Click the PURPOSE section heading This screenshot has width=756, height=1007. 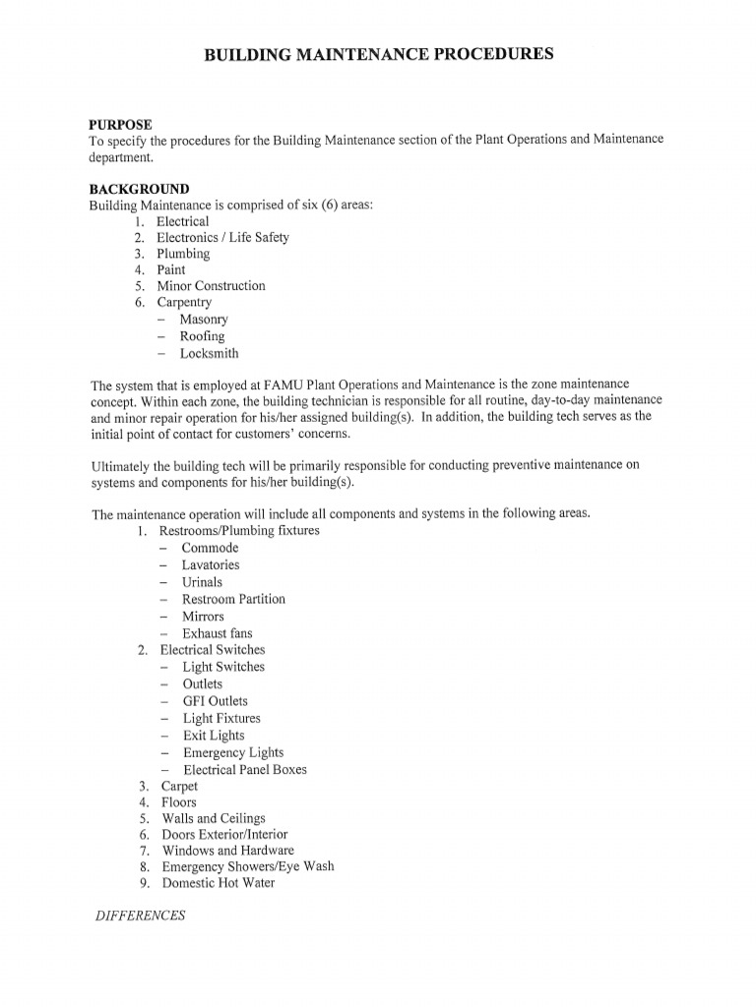121,124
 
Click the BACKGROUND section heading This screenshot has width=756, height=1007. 139,189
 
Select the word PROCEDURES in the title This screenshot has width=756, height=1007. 491,55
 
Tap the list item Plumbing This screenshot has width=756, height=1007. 183,254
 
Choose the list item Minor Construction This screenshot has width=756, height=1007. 211,286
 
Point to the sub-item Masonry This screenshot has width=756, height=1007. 204,320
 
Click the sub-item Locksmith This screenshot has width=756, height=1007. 209,353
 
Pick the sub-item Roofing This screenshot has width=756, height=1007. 202,336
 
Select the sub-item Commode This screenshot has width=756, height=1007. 210,548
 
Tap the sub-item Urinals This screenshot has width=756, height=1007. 203,582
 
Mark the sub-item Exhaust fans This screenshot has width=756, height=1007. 218,633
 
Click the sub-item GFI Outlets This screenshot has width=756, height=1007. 216,701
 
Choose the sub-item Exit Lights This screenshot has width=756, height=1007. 214,736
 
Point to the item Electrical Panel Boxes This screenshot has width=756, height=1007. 245,770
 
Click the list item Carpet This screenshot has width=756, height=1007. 179,787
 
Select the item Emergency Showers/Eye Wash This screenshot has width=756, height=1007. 247,866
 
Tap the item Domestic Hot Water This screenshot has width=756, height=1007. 218,883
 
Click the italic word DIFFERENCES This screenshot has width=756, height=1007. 141,916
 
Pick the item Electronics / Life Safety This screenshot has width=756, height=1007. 222,238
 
